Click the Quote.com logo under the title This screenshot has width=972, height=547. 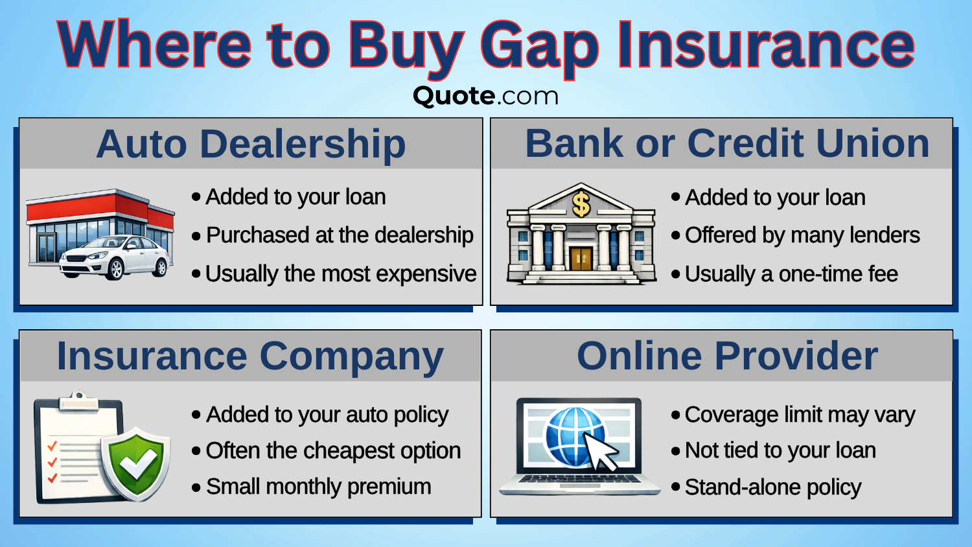(x=485, y=96)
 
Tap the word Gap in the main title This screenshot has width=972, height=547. (x=539, y=47)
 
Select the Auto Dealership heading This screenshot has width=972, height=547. (x=251, y=144)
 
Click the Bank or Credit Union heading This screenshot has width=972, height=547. (x=726, y=143)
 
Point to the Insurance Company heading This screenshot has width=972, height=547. (x=250, y=356)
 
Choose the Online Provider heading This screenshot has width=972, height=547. (x=727, y=356)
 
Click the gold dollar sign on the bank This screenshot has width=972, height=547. (x=581, y=204)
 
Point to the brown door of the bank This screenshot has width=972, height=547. (x=581, y=258)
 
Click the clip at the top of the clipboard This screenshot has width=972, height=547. (x=78, y=401)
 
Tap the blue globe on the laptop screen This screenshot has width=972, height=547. (x=573, y=436)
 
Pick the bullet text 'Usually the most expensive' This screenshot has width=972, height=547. (x=341, y=274)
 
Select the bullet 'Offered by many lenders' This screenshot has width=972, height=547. (x=802, y=235)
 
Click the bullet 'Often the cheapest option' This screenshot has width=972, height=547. (x=333, y=450)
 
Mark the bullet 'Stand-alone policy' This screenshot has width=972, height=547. (x=772, y=487)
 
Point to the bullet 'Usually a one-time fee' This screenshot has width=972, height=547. (x=791, y=274)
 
